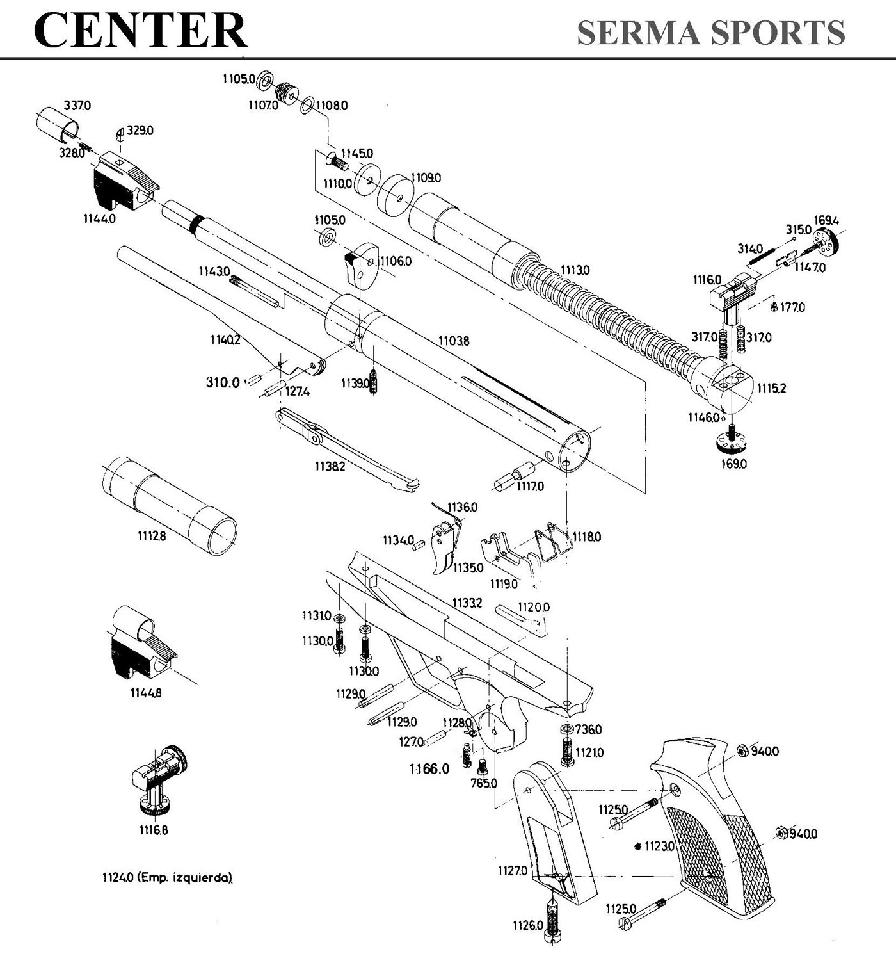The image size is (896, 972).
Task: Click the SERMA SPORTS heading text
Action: (x=710, y=32)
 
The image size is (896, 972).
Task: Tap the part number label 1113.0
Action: (x=575, y=270)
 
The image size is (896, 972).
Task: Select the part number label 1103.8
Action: (x=454, y=341)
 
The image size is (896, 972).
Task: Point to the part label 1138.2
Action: (x=330, y=467)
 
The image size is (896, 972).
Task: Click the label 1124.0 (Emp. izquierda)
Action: (x=167, y=878)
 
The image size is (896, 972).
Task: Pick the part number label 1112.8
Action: (x=152, y=536)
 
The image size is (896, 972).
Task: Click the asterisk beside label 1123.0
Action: (x=637, y=846)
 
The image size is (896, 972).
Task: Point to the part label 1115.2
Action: (x=771, y=388)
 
